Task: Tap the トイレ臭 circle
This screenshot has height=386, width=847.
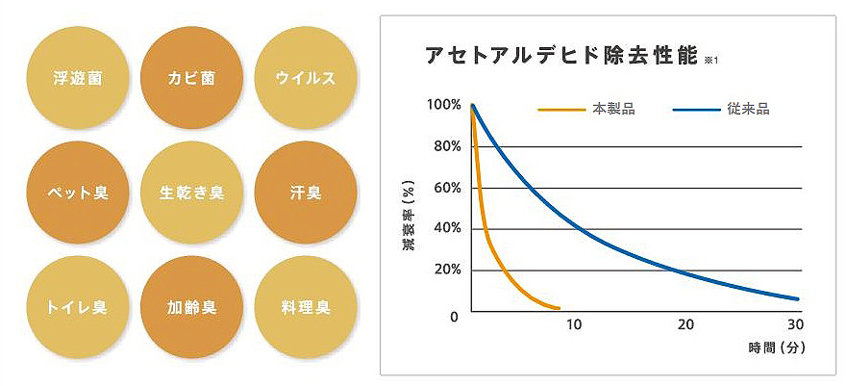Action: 80,308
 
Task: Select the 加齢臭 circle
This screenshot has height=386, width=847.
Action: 190,308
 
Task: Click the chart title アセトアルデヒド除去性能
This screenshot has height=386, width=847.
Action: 560,56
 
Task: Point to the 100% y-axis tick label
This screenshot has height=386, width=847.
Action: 443,104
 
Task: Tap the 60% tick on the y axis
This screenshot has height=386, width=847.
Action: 447,187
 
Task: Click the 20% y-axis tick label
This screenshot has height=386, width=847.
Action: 447,269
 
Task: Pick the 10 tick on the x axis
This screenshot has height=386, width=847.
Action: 574,324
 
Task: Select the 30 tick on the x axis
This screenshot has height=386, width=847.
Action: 795,324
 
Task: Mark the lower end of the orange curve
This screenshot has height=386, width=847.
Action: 559,308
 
